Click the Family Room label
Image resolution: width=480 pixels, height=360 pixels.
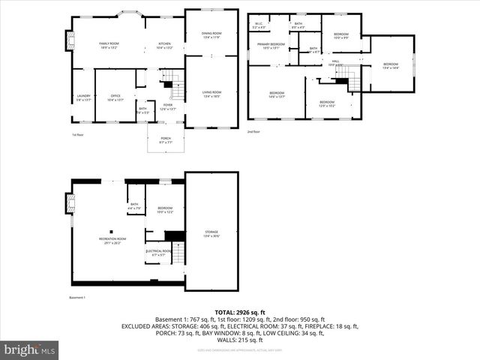coord(109,46)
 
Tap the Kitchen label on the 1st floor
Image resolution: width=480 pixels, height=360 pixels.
coord(164,46)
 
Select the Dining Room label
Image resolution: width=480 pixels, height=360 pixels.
coord(211,34)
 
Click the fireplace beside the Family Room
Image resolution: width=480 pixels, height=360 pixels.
coord(69,40)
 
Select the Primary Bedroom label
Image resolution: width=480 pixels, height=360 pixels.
coord(271,46)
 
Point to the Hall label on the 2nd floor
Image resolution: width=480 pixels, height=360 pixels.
coord(335,63)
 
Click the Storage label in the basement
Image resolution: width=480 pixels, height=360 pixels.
coord(211,234)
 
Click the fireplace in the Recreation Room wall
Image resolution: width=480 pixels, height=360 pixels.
coord(70,203)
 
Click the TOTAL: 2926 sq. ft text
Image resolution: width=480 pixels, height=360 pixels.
coord(240,312)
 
